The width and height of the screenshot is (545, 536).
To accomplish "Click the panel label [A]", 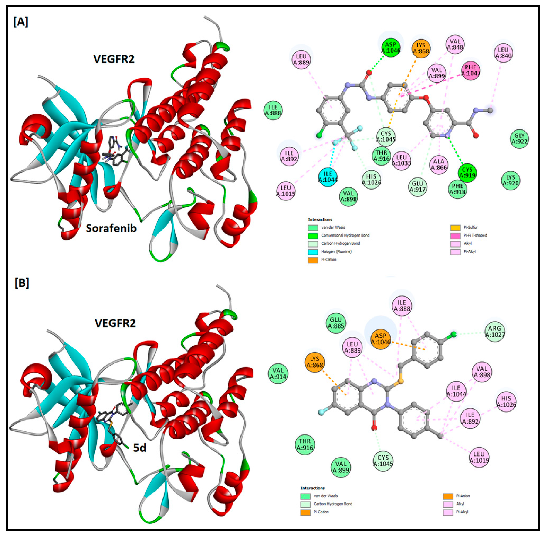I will [x=20, y=21].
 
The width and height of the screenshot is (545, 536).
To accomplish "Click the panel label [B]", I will [x=22, y=283].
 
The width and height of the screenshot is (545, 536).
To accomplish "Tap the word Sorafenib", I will [x=111, y=228].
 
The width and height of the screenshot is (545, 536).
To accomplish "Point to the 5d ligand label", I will [x=139, y=448].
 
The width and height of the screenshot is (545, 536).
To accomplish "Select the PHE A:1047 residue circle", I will [x=471, y=70].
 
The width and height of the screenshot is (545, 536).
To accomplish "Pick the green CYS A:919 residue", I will [x=467, y=172].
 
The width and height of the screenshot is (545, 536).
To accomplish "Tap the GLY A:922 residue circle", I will [x=519, y=139].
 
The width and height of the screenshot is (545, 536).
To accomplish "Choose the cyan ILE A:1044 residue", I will [x=328, y=176].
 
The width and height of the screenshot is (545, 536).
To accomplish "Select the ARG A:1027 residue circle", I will [x=495, y=331].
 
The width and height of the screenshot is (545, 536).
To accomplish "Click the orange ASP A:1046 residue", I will [x=380, y=339].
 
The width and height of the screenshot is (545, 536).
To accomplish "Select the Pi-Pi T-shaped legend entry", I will [x=475, y=235].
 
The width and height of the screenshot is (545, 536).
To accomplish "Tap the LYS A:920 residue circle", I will [x=510, y=180].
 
